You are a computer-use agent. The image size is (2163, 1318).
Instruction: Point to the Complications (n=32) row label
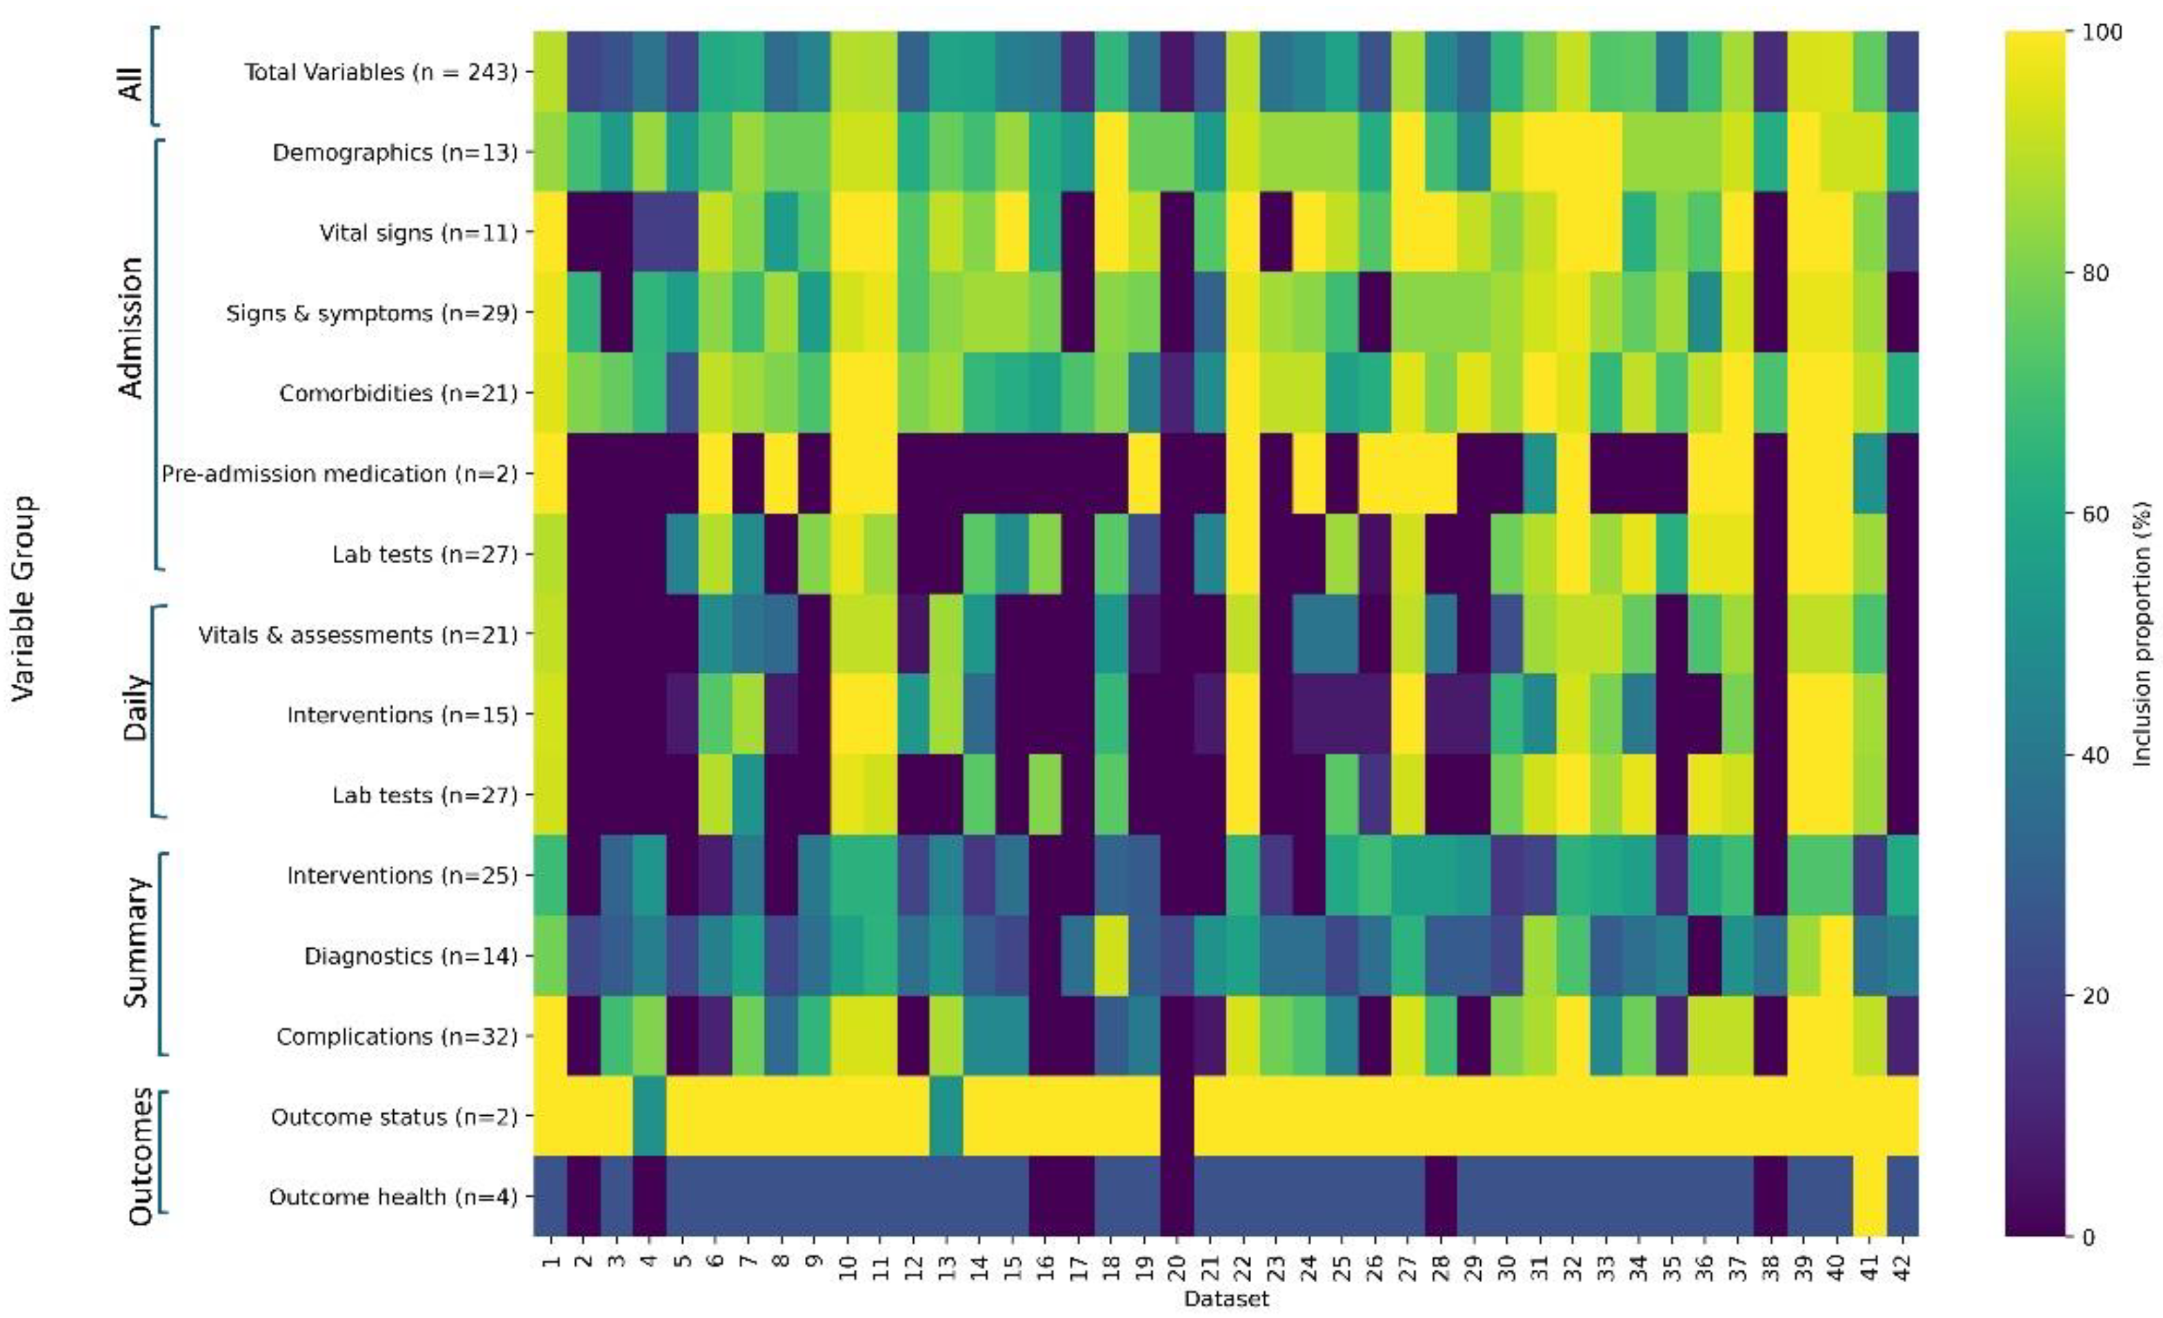[397, 1036]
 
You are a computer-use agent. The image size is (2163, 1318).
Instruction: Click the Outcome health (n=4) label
[392, 1197]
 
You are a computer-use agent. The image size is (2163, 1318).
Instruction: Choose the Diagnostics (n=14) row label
[410, 955]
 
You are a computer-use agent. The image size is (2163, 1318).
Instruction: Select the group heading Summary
[135, 942]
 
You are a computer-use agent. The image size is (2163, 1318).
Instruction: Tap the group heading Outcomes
[141, 1156]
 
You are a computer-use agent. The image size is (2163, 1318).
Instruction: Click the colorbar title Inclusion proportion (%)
[2142, 634]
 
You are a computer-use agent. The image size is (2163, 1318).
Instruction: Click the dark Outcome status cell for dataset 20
[1177, 1116]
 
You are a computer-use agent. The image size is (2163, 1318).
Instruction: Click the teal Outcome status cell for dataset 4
[650, 1116]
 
